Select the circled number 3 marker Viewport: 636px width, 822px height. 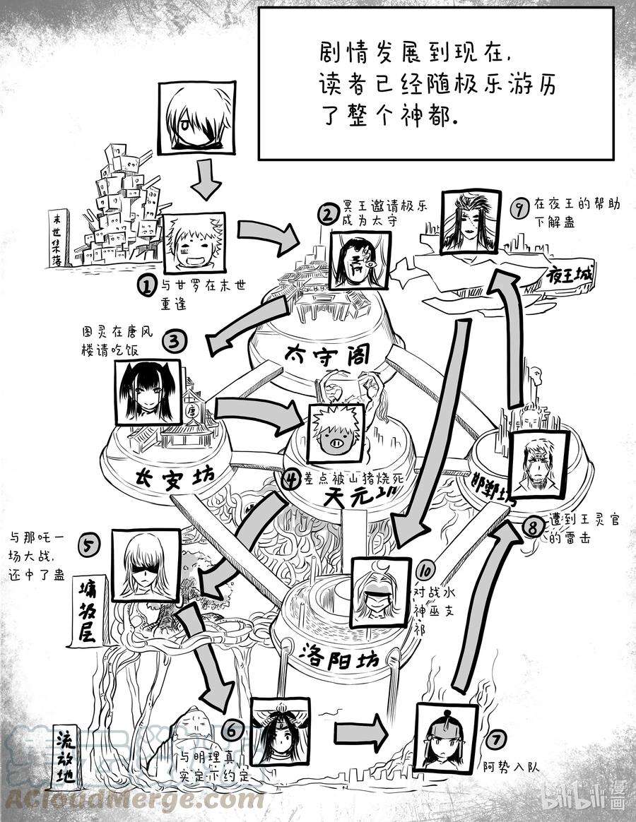tap(175, 342)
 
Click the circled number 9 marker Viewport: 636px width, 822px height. tap(521, 208)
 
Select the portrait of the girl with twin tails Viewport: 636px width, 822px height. tap(145, 394)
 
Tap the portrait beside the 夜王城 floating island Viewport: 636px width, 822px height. tap(469, 220)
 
